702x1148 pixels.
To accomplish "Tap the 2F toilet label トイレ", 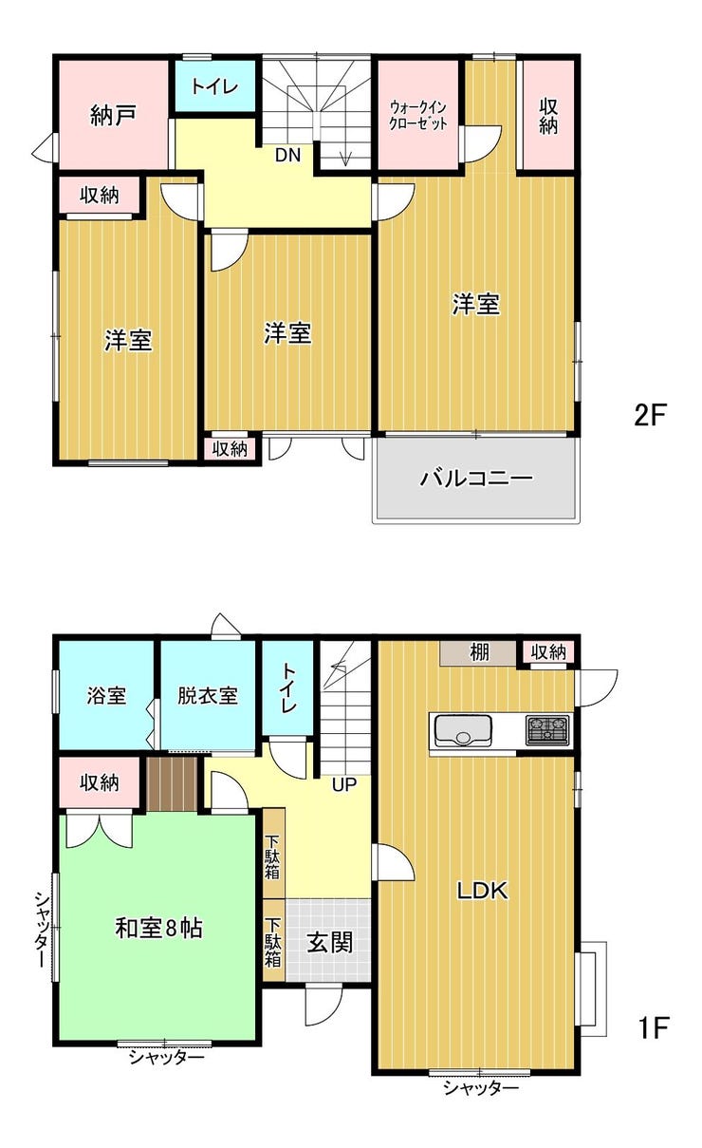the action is click(x=215, y=86).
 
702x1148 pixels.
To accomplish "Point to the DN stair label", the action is click(x=287, y=155).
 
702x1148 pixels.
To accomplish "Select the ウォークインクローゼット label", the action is click(x=418, y=115).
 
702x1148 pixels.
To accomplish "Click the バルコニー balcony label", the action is click(x=476, y=479).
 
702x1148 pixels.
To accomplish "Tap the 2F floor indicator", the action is click(x=649, y=415).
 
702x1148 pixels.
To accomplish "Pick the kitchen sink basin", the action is click(x=463, y=731).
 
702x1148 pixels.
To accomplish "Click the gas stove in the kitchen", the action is click(x=547, y=730).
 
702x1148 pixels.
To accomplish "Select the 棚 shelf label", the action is click(x=479, y=653).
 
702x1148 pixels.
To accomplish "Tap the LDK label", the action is click(x=482, y=892).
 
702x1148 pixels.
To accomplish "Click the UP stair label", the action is click(x=343, y=784).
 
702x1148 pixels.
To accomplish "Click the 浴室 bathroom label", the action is click(x=106, y=696).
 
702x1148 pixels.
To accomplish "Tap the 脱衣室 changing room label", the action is click(x=208, y=696).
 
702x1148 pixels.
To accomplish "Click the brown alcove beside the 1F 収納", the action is click(x=173, y=784).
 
